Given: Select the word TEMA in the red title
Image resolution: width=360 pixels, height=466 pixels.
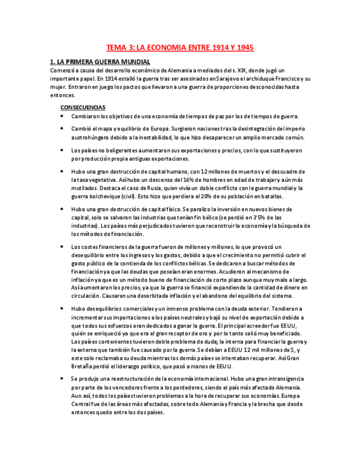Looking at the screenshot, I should [x=117, y=48].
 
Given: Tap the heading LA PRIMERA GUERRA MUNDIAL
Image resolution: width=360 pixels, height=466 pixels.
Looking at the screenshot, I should [x=103, y=62].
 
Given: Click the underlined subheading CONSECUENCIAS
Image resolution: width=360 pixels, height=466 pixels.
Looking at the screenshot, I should [x=83, y=107].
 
